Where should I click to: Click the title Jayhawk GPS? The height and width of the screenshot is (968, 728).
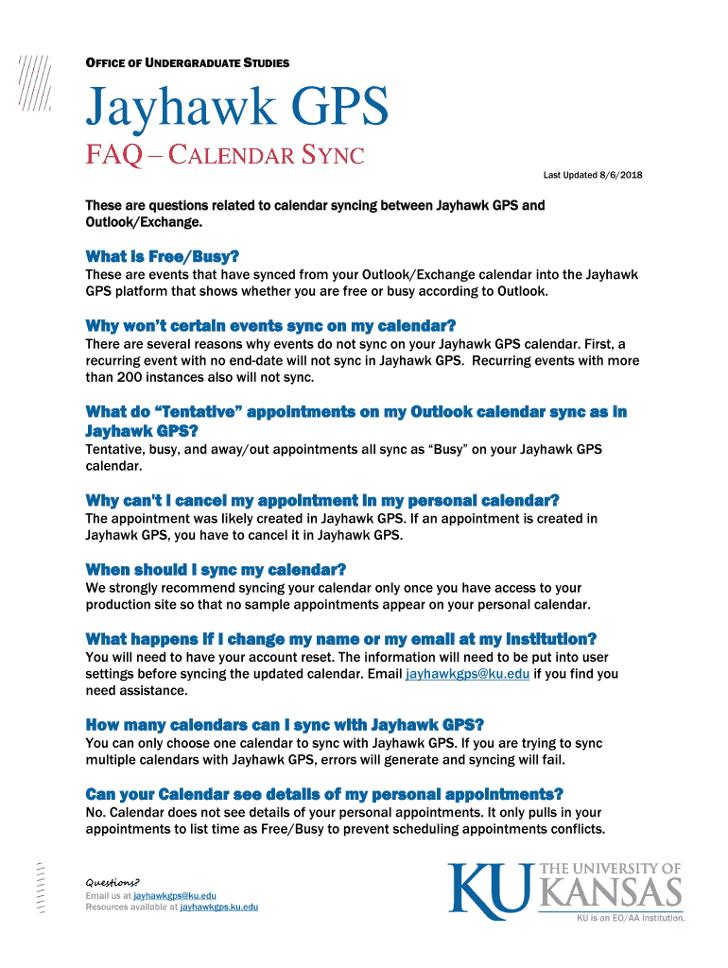[x=237, y=111]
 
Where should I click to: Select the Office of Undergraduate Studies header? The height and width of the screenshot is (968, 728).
[x=187, y=63]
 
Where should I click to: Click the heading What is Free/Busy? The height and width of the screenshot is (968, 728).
[x=162, y=257]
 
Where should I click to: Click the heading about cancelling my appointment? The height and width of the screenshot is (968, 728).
[x=322, y=500]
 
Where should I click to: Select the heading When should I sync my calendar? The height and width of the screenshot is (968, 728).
[x=216, y=569]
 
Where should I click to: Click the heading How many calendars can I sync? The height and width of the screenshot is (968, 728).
[x=285, y=725]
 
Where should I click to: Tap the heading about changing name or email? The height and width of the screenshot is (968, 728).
[x=340, y=639]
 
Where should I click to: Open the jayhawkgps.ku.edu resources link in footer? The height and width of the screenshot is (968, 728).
[x=218, y=907]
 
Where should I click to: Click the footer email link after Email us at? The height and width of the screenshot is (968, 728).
[x=175, y=895]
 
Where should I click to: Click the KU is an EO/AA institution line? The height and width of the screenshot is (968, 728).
[x=631, y=917]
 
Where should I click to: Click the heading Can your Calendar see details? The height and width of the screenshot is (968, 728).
[x=324, y=794]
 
